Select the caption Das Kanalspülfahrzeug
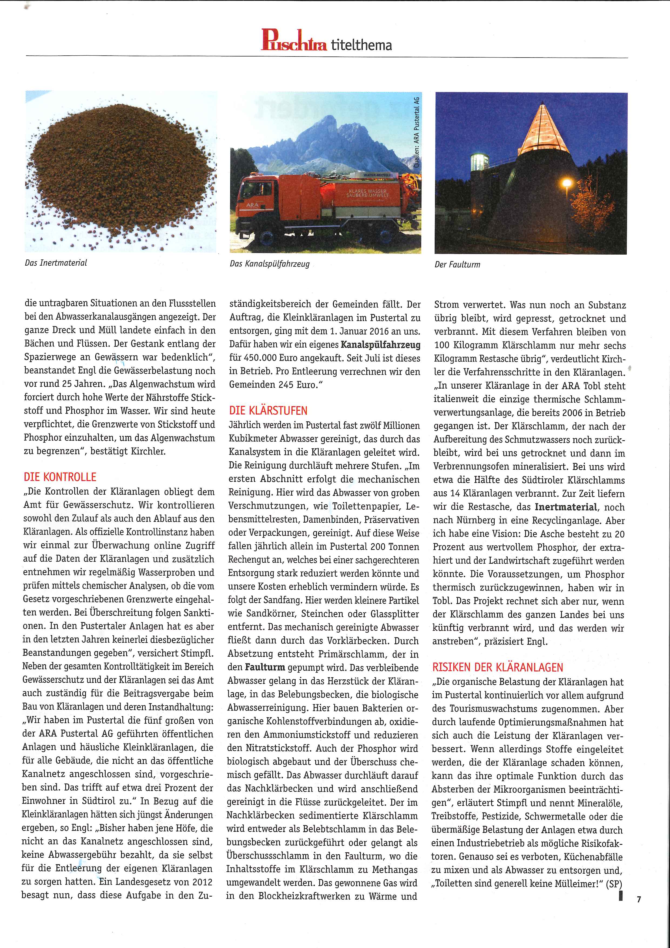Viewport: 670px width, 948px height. [x=270, y=264]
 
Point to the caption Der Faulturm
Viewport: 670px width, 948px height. [x=457, y=265]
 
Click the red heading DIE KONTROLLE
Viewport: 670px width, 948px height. [x=60, y=477]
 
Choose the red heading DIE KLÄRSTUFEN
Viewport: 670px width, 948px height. [x=268, y=411]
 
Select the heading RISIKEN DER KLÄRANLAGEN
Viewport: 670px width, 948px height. [x=497, y=668]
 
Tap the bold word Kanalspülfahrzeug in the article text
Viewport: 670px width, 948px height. [x=381, y=345]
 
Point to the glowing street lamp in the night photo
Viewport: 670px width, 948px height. [x=567, y=182]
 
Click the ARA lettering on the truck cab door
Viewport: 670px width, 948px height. [x=252, y=205]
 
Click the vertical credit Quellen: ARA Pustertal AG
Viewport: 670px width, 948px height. [x=417, y=132]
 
